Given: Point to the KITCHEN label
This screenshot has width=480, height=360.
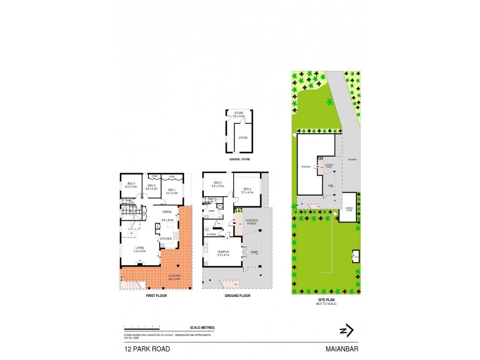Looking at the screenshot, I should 166,239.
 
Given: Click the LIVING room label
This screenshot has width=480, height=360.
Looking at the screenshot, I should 139,248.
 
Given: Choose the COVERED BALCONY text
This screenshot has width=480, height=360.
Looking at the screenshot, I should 174,277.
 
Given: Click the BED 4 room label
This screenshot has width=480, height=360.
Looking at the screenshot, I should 247,190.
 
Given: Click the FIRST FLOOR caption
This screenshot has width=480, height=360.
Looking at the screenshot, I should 156,296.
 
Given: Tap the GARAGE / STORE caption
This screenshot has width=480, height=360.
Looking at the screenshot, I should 239,160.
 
